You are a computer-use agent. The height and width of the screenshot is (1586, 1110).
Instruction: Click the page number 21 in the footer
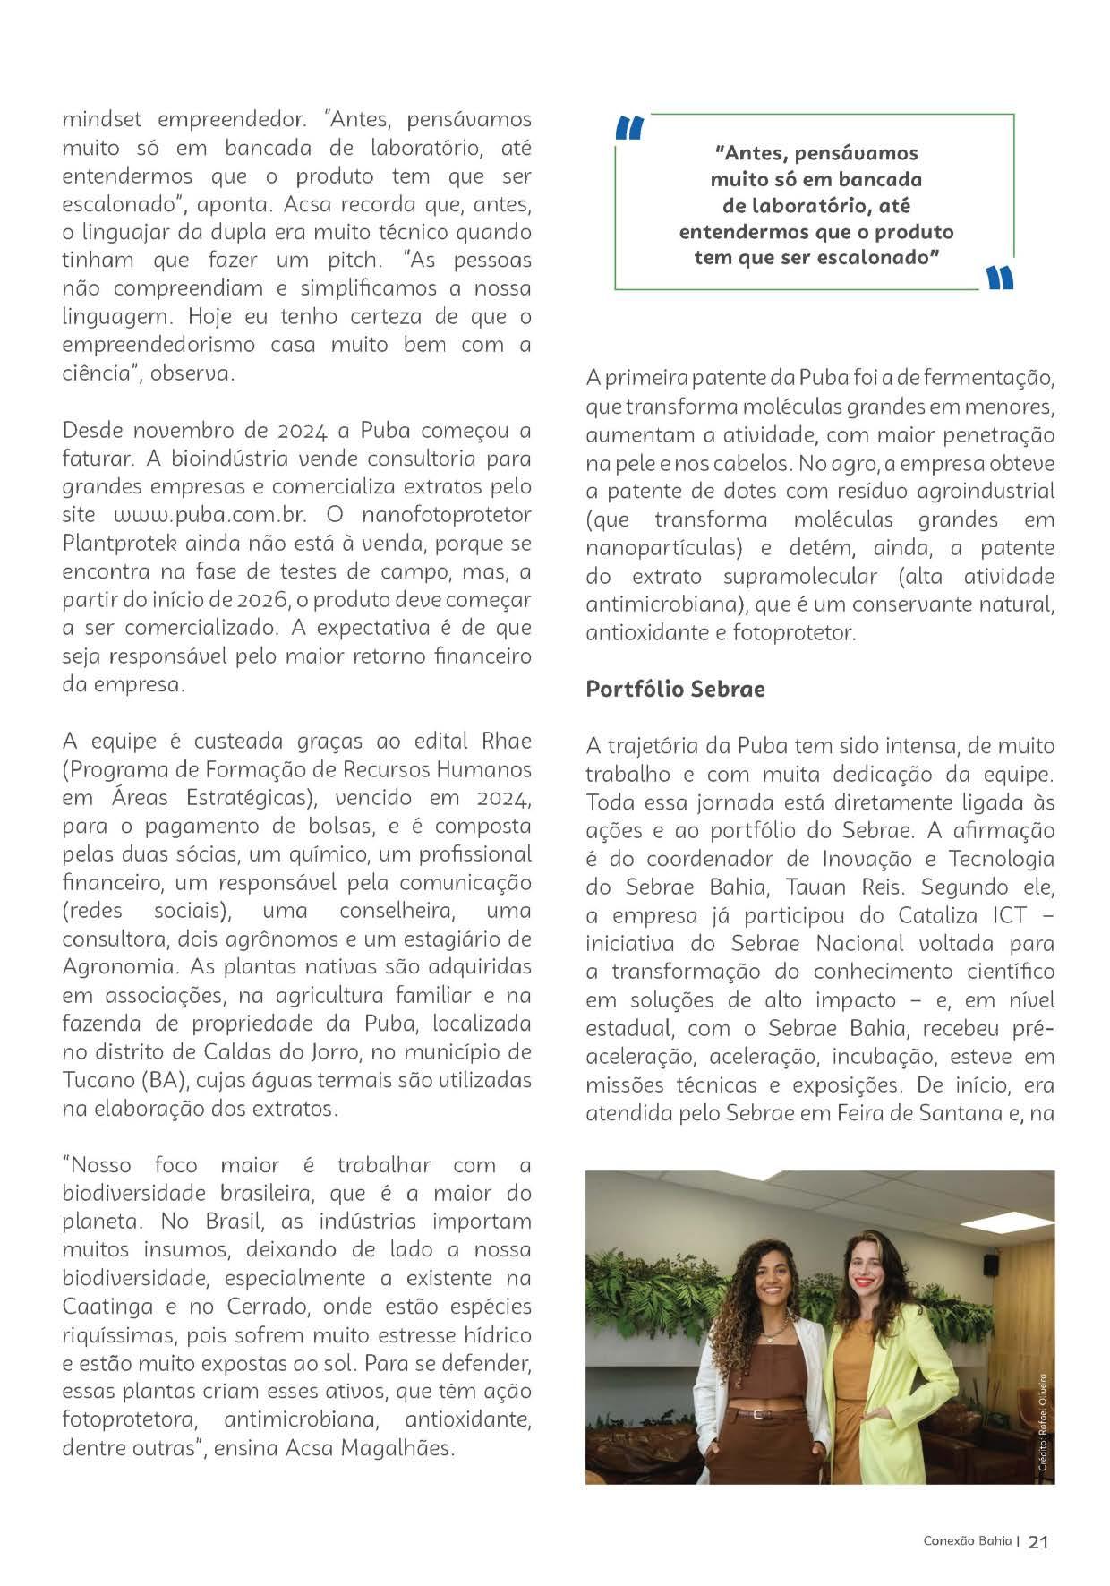click(1038, 1541)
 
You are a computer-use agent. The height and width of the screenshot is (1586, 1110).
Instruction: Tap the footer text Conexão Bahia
click(968, 1541)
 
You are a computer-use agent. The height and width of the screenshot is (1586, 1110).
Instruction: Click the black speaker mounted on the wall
click(990, 1265)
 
